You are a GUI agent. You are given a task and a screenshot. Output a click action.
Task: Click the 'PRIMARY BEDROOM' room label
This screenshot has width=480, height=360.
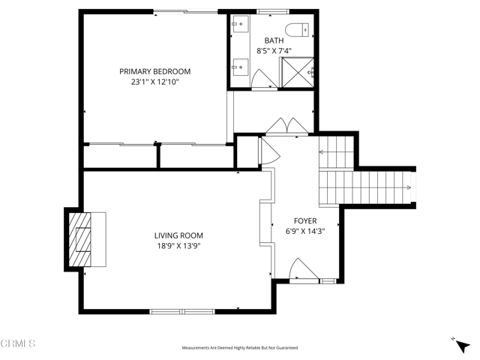(x=154, y=71)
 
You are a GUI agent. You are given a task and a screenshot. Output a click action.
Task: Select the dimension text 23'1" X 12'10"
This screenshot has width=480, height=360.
(x=154, y=82)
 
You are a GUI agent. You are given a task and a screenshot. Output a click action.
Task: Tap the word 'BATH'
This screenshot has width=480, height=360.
(x=274, y=40)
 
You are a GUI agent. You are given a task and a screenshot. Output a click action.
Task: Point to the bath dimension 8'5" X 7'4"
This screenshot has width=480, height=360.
(x=274, y=51)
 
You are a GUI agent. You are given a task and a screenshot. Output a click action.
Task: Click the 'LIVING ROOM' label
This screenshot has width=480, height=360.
(x=178, y=235)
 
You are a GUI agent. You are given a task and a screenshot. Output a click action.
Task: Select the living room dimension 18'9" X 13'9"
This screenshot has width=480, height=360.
(x=178, y=245)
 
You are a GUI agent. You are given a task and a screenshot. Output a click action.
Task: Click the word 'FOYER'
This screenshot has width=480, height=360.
(x=305, y=221)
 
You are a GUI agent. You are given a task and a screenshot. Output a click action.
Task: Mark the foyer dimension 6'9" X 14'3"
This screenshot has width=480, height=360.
(x=305, y=232)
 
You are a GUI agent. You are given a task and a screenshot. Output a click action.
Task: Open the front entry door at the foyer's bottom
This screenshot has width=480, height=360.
(x=301, y=268)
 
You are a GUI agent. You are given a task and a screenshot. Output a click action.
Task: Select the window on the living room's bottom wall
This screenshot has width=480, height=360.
(x=182, y=310)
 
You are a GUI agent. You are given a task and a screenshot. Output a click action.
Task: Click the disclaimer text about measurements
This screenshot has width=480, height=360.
(x=239, y=348)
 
